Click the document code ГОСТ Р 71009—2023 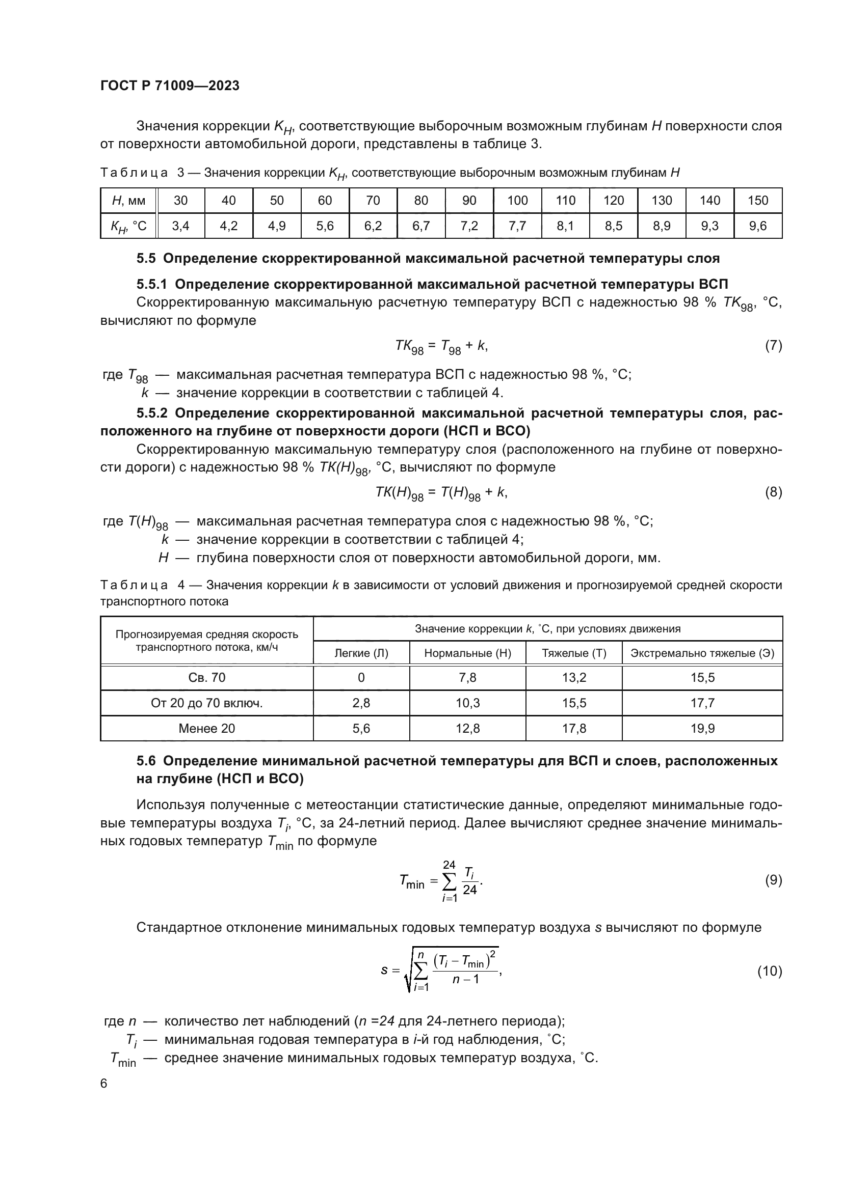pos(170,86)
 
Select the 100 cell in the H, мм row pos(517,201)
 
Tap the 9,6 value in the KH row pos(757,226)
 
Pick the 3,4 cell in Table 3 pos(180,226)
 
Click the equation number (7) pos(773,346)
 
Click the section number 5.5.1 pos(153,284)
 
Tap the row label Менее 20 pos(206,729)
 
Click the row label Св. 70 pos(206,678)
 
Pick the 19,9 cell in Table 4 pos(702,729)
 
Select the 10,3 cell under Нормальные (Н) pos(467,703)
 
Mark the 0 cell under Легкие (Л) pos(361,678)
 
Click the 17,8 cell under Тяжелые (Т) pos(573,729)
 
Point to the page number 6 pos(104,1084)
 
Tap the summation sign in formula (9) pos(449,881)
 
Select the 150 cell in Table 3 pos(757,201)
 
